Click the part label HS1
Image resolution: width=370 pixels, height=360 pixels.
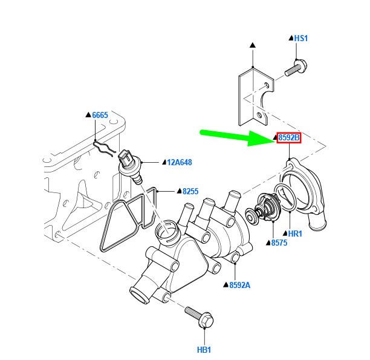click(x=301, y=38)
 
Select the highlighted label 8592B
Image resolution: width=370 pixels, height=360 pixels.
click(x=289, y=137)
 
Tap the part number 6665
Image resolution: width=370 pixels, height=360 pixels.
click(x=100, y=115)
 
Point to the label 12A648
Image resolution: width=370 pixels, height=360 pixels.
click(x=180, y=162)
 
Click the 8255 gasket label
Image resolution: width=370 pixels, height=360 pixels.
click(x=190, y=191)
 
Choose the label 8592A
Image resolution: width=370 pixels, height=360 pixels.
click(x=240, y=285)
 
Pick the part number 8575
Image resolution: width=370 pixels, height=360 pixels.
click(x=279, y=243)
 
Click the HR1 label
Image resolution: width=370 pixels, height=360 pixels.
click(x=295, y=234)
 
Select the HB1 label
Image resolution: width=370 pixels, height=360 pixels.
click(x=204, y=350)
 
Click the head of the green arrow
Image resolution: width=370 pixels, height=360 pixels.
click(x=275, y=139)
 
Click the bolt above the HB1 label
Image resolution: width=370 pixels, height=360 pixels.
click(x=199, y=317)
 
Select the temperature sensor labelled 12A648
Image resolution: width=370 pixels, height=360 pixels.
click(x=130, y=167)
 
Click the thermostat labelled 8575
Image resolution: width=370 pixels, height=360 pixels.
click(x=264, y=208)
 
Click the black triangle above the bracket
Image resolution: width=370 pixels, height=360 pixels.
click(x=253, y=45)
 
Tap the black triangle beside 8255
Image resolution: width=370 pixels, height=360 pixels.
click(x=180, y=191)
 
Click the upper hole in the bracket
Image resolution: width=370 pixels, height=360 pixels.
click(x=266, y=85)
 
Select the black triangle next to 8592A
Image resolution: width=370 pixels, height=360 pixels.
click(x=226, y=285)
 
